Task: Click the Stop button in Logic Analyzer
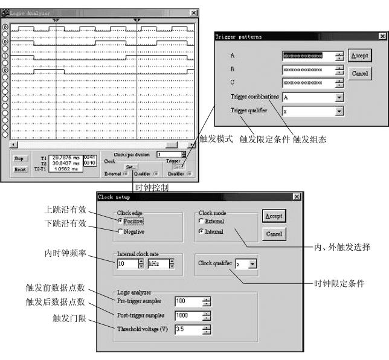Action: [19, 159]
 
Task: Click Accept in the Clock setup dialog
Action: [274, 216]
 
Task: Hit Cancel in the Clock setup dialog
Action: [274, 234]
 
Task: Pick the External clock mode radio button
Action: [202, 222]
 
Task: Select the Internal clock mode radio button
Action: [202, 232]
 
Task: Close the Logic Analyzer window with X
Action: [193, 13]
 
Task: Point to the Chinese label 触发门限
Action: [68, 316]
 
